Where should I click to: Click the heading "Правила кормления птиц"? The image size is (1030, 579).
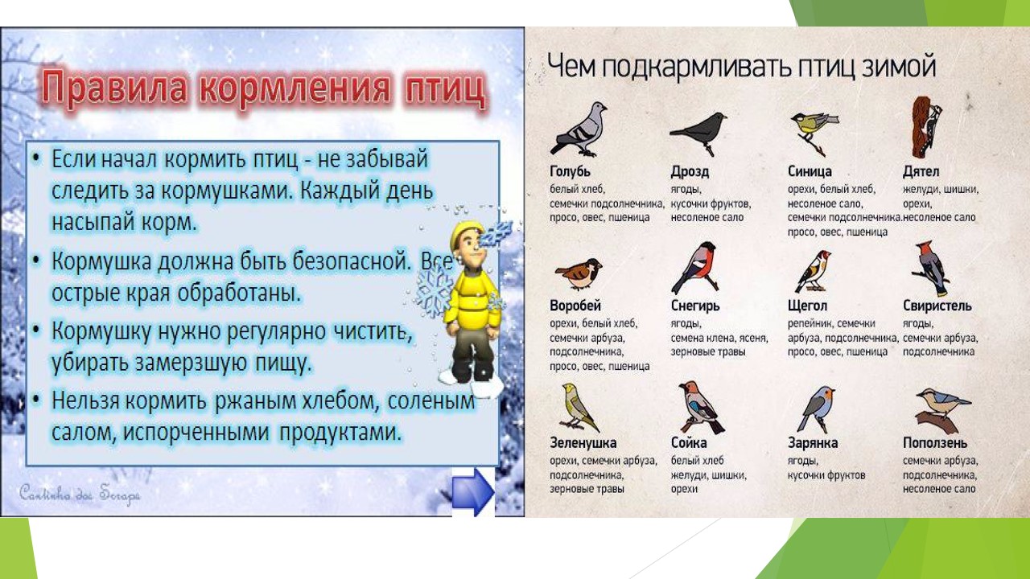click(x=264, y=88)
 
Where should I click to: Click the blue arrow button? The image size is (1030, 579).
click(x=472, y=492)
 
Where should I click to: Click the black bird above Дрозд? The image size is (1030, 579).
click(x=698, y=129)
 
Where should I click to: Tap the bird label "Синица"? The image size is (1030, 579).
click(x=810, y=171)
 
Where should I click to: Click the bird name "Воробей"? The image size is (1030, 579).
click(x=575, y=306)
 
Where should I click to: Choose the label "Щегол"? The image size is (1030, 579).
click(x=807, y=306)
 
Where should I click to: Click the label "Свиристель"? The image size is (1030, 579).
click(x=937, y=306)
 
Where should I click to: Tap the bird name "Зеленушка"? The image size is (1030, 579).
click(x=583, y=443)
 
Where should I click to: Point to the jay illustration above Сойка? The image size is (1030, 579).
click(x=698, y=407)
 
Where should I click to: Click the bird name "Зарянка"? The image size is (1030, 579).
click(x=813, y=443)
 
